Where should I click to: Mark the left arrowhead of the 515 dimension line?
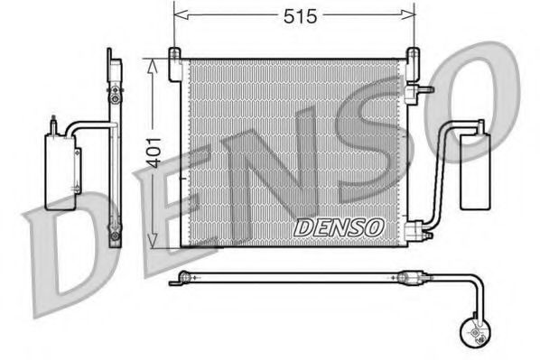pyautogui.click(x=178, y=15)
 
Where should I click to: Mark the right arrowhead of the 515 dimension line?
pyautogui.click(x=410, y=15)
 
